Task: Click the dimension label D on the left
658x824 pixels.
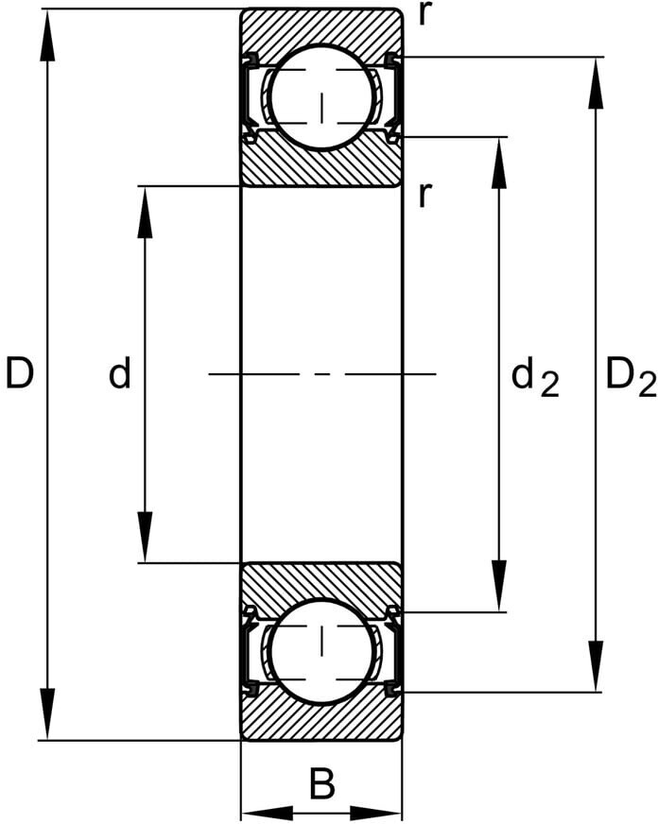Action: [20, 375]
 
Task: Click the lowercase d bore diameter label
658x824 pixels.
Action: [119, 375]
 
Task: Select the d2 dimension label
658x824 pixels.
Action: [534, 378]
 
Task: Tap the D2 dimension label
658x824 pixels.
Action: [630, 378]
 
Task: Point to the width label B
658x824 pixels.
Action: [322, 784]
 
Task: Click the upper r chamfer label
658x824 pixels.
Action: [425, 16]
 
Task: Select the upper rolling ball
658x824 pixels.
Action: [321, 95]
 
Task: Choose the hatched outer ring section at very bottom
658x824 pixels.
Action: [321, 723]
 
